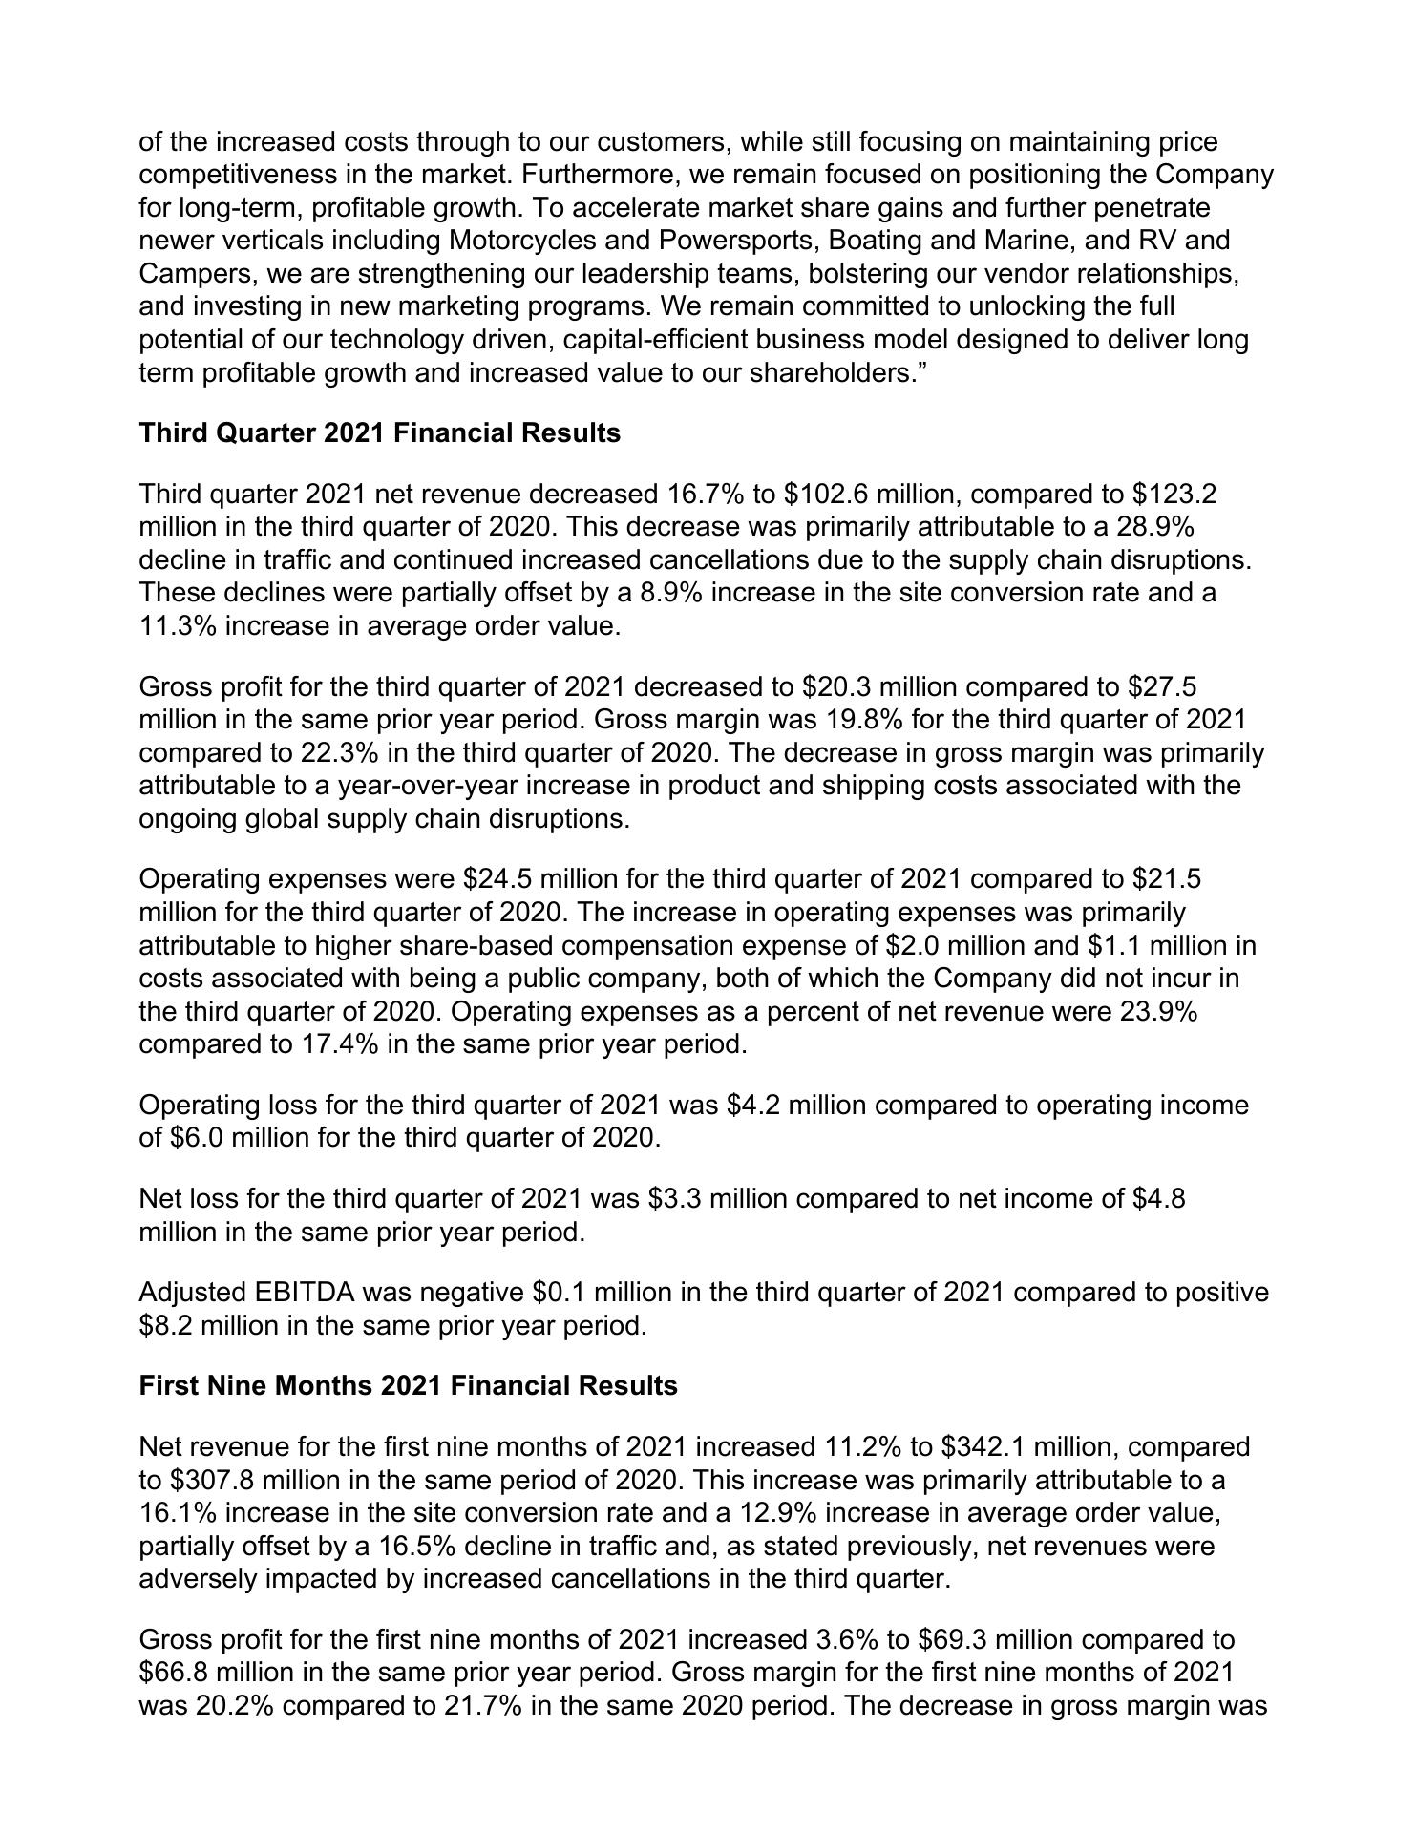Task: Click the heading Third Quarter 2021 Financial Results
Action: pyautogui.click(x=379, y=433)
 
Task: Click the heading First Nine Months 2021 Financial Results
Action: pyautogui.click(x=408, y=1385)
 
